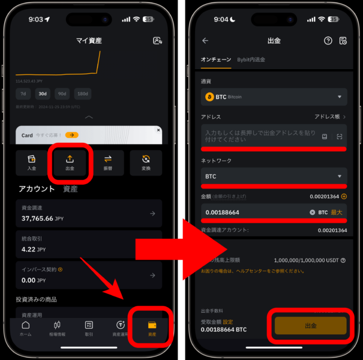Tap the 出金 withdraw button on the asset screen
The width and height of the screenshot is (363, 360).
(70, 162)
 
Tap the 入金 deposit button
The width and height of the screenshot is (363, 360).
(32, 162)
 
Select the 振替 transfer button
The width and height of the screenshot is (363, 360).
(108, 162)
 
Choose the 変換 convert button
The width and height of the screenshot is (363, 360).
(146, 162)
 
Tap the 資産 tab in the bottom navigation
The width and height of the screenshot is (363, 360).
(152, 328)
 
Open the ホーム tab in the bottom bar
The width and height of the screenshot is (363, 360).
(26, 328)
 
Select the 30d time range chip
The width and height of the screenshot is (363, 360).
(42, 94)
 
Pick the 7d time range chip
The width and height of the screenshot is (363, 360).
(23, 94)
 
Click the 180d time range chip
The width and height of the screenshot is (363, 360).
(82, 94)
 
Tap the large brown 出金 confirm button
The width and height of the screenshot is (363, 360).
(311, 325)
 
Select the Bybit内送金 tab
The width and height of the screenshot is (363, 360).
(251, 59)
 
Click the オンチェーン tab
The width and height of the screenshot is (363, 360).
(216, 59)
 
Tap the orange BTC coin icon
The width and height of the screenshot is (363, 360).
(209, 97)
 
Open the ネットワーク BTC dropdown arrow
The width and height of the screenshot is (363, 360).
(340, 176)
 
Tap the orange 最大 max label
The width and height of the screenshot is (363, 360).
(337, 212)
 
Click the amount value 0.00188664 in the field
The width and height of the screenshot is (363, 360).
(222, 212)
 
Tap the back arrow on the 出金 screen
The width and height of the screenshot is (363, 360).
(205, 41)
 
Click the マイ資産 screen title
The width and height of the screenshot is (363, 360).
(89, 41)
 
